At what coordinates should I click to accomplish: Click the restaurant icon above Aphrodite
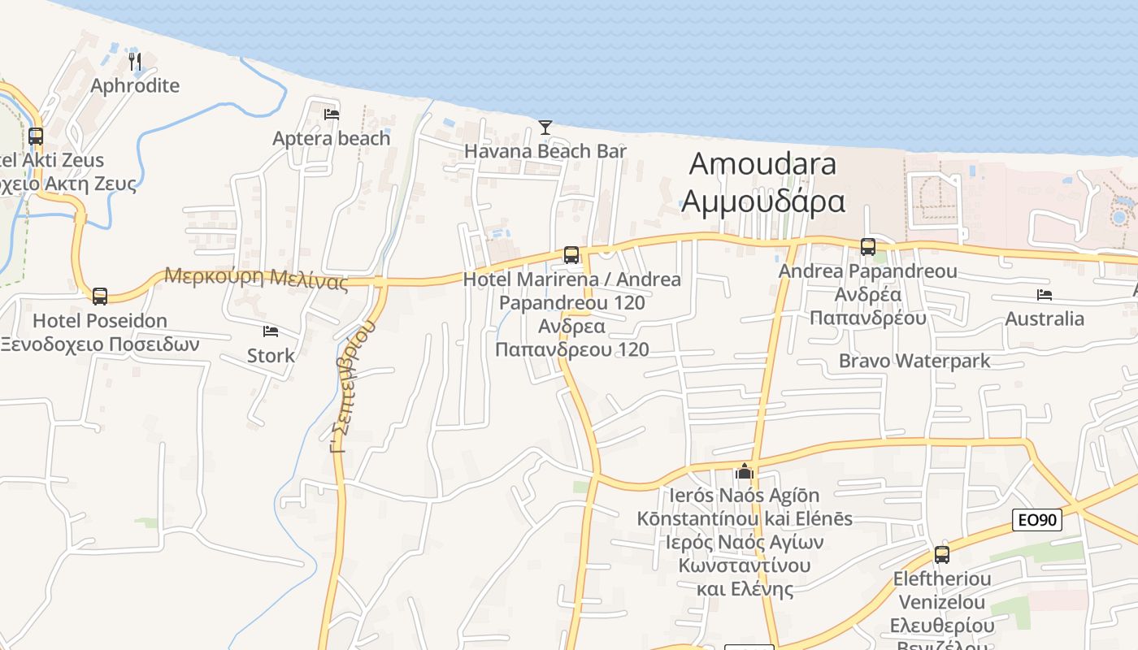coord(135,61)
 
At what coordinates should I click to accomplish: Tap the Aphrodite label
coord(135,85)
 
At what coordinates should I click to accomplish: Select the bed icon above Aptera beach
coord(332,114)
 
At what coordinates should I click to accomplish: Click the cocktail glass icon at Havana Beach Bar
coord(545,127)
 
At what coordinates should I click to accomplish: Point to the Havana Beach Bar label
coord(545,151)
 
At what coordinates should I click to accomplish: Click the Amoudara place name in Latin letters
coord(762,163)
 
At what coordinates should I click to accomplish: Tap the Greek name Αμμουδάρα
coord(762,201)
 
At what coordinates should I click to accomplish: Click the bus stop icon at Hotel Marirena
coord(571,255)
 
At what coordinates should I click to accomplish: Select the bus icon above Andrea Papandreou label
coord(868,246)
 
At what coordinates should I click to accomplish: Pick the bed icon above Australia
coord(1045,294)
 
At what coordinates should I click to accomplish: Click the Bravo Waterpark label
coord(914,361)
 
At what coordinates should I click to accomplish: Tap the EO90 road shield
coord(1037,520)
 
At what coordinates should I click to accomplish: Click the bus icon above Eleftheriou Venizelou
coord(942,555)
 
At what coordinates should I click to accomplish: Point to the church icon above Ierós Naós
coord(745,471)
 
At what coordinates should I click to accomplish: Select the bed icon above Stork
coord(271,331)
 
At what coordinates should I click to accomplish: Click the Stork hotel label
coord(271,355)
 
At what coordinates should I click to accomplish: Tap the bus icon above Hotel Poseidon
coord(100,296)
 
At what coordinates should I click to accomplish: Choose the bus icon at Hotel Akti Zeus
coord(36,136)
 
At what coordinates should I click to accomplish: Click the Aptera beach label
coord(332,138)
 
